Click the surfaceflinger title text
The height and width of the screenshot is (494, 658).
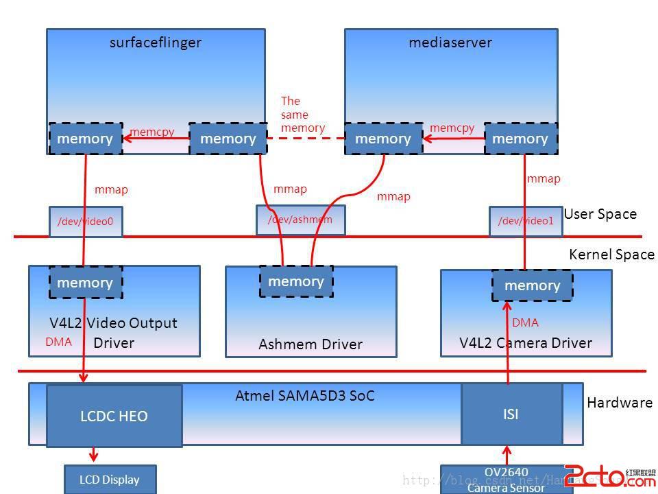click(156, 43)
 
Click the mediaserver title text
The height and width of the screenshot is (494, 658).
click(450, 43)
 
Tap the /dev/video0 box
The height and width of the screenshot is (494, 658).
click(86, 222)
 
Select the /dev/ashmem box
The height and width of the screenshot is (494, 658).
click(300, 220)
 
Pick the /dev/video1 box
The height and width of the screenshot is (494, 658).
click(526, 221)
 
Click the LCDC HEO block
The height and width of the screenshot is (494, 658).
click(114, 416)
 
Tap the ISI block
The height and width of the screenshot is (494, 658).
click(511, 414)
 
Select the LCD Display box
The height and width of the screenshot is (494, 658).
click(110, 480)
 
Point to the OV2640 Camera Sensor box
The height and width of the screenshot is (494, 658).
click(506, 480)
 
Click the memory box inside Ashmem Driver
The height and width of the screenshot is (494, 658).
click(296, 281)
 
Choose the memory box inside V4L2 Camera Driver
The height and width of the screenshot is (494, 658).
click(532, 285)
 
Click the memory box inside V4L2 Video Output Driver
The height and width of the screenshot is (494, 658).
click(85, 283)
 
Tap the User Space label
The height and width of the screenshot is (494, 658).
click(600, 214)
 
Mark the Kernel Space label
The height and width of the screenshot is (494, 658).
click(611, 255)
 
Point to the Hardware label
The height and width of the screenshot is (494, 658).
click(620, 403)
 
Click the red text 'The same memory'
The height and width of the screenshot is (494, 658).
click(302, 115)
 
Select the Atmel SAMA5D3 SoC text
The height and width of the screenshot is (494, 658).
click(305, 396)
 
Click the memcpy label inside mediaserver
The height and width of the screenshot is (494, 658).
click(452, 128)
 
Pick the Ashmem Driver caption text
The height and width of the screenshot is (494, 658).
click(310, 344)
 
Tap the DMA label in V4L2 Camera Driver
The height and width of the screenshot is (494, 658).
click(525, 322)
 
